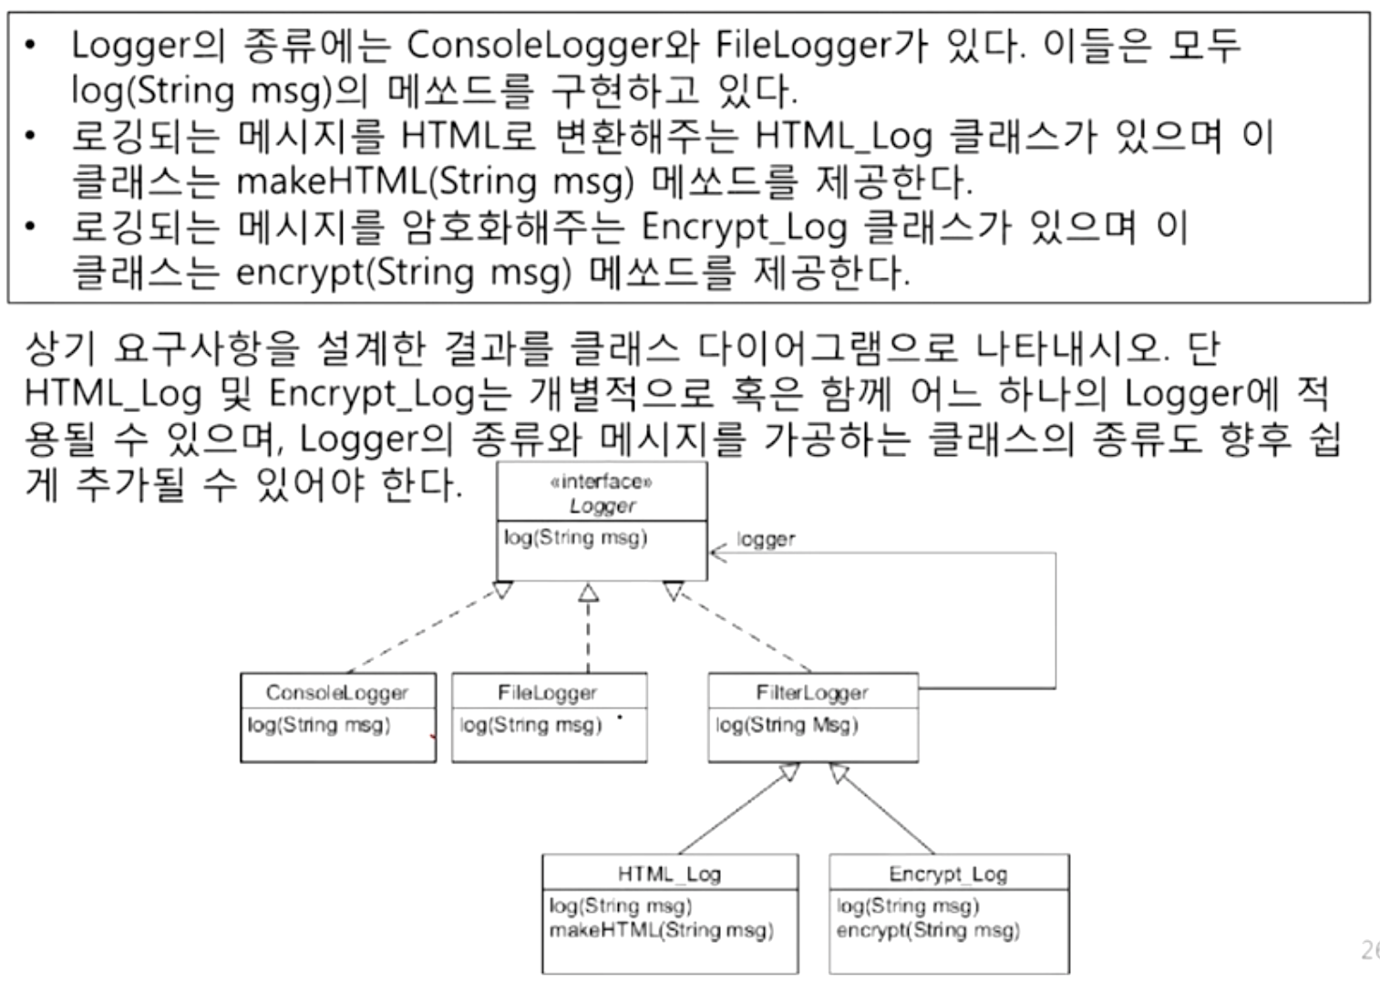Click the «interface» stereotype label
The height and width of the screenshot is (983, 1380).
pos(602,482)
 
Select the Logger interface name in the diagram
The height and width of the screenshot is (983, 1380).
pos(602,506)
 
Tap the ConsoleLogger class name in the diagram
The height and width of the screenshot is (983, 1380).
pos(337,693)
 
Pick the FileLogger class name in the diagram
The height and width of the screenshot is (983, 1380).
pos(547,693)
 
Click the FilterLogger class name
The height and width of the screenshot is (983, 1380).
pos(811,693)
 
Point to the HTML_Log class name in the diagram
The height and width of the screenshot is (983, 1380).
pos(669,874)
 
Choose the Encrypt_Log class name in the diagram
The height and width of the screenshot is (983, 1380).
pos(948,874)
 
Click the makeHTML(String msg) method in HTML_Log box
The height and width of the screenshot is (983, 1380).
pos(661,930)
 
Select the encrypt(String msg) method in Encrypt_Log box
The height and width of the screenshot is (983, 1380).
pos(928,930)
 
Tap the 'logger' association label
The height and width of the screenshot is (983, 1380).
pos(766,539)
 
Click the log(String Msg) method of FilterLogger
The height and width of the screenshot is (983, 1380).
pos(787,725)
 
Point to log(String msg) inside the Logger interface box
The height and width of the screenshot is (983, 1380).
pos(575,537)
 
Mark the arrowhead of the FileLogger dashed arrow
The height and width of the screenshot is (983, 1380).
pos(589,594)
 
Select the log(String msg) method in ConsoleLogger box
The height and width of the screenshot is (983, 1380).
pos(318,725)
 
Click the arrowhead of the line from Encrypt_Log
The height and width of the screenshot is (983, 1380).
pos(839,774)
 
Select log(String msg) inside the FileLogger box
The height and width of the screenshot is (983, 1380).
pos(530,725)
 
